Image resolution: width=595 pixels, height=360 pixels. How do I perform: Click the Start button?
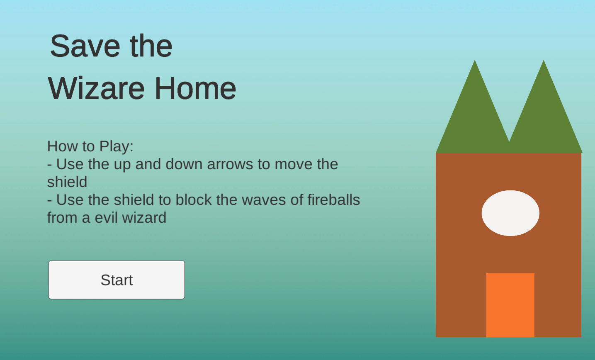[x=117, y=280]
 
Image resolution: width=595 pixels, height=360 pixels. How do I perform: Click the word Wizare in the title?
[x=96, y=88]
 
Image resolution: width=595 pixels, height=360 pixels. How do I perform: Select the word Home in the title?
[x=196, y=88]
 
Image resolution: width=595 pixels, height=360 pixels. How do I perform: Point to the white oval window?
[x=510, y=213]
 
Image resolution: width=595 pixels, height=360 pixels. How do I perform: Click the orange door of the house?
[x=510, y=305]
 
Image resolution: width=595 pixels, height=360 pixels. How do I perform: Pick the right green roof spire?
[x=544, y=112]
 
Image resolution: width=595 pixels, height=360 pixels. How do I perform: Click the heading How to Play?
[x=90, y=146]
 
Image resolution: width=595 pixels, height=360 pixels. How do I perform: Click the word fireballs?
[x=334, y=200]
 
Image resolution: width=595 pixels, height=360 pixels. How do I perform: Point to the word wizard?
[x=144, y=218]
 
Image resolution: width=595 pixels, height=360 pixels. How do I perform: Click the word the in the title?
[x=151, y=46]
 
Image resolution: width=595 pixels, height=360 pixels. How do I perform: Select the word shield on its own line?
[x=67, y=182]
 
